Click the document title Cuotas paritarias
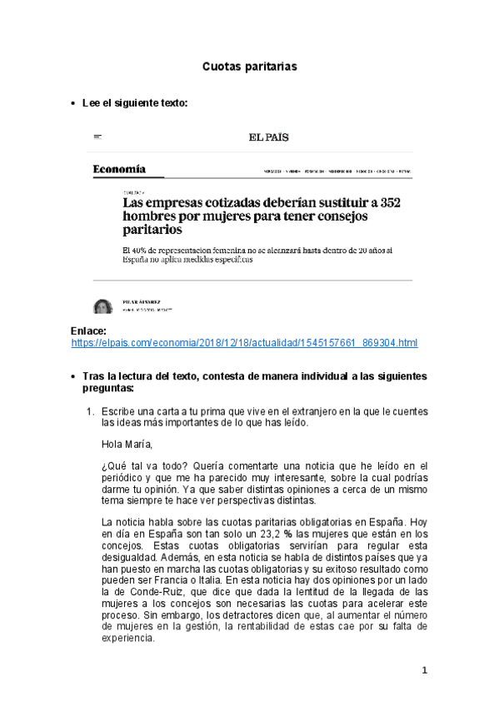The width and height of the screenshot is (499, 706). (x=249, y=65)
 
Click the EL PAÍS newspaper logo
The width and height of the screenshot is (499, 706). (x=267, y=138)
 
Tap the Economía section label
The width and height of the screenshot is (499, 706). (x=119, y=170)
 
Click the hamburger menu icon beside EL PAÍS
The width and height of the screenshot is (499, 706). (x=97, y=137)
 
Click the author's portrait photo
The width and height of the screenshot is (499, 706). (x=102, y=306)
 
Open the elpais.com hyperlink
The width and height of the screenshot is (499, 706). (x=244, y=343)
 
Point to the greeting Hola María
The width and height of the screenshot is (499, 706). (x=127, y=443)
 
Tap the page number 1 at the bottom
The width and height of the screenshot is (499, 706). (x=424, y=670)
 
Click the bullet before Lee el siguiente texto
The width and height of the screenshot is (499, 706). (x=73, y=103)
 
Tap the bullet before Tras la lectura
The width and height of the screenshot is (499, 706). (x=73, y=377)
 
